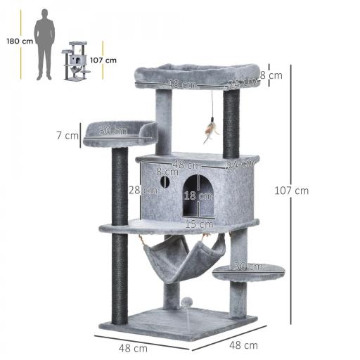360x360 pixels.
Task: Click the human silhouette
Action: tap(46, 44)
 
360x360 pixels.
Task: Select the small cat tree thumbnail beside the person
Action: tap(76, 62)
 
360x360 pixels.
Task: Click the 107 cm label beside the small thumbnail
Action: tap(103, 60)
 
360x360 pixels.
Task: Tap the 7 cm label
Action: tap(68, 136)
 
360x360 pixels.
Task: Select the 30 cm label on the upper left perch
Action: tap(112, 130)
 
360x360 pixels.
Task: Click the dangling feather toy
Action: tap(209, 131)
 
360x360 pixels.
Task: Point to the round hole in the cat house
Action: tap(165, 182)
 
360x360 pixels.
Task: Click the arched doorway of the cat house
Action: tap(198, 196)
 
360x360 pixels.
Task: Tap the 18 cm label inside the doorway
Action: tap(204, 196)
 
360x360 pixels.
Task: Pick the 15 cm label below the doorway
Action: tap(195, 224)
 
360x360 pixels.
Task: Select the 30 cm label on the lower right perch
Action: tap(250, 266)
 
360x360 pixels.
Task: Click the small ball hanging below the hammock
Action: tap(186, 301)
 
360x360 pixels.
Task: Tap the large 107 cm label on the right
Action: tap(292, 190)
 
